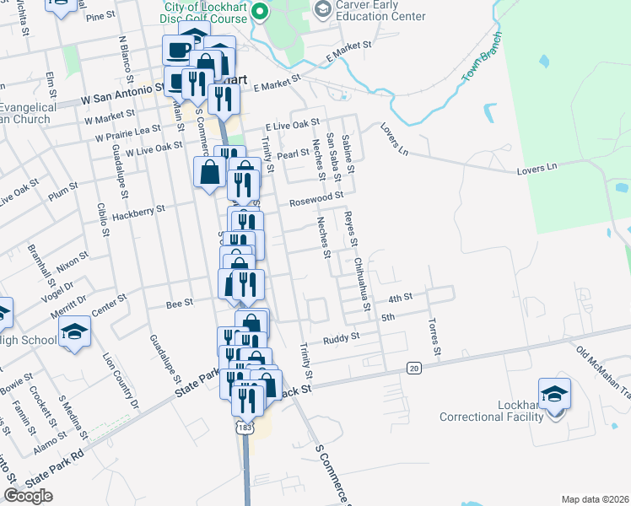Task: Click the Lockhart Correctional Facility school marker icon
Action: click(554, 394)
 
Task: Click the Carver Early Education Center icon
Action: click(322, 10)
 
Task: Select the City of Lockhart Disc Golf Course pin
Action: click(260, 12)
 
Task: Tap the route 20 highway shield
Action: click(413, 368)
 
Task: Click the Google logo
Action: click(29, 496)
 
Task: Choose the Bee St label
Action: click(180, 301)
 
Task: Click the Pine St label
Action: click(100, 16)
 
